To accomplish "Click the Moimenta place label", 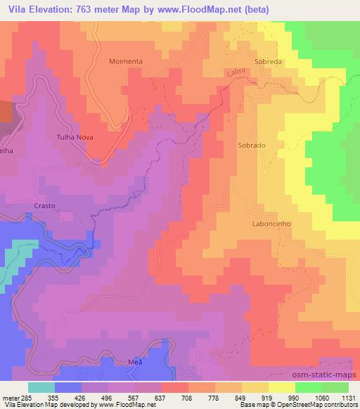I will (x=126, y=61).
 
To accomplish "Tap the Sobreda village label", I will (x=268, y=61).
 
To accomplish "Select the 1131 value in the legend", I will (x=347, y=397).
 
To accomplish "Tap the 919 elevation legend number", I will (x=268, y=397).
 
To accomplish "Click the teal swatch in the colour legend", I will (x=42, y=387).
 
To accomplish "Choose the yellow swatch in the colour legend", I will (x=281, y=387).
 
